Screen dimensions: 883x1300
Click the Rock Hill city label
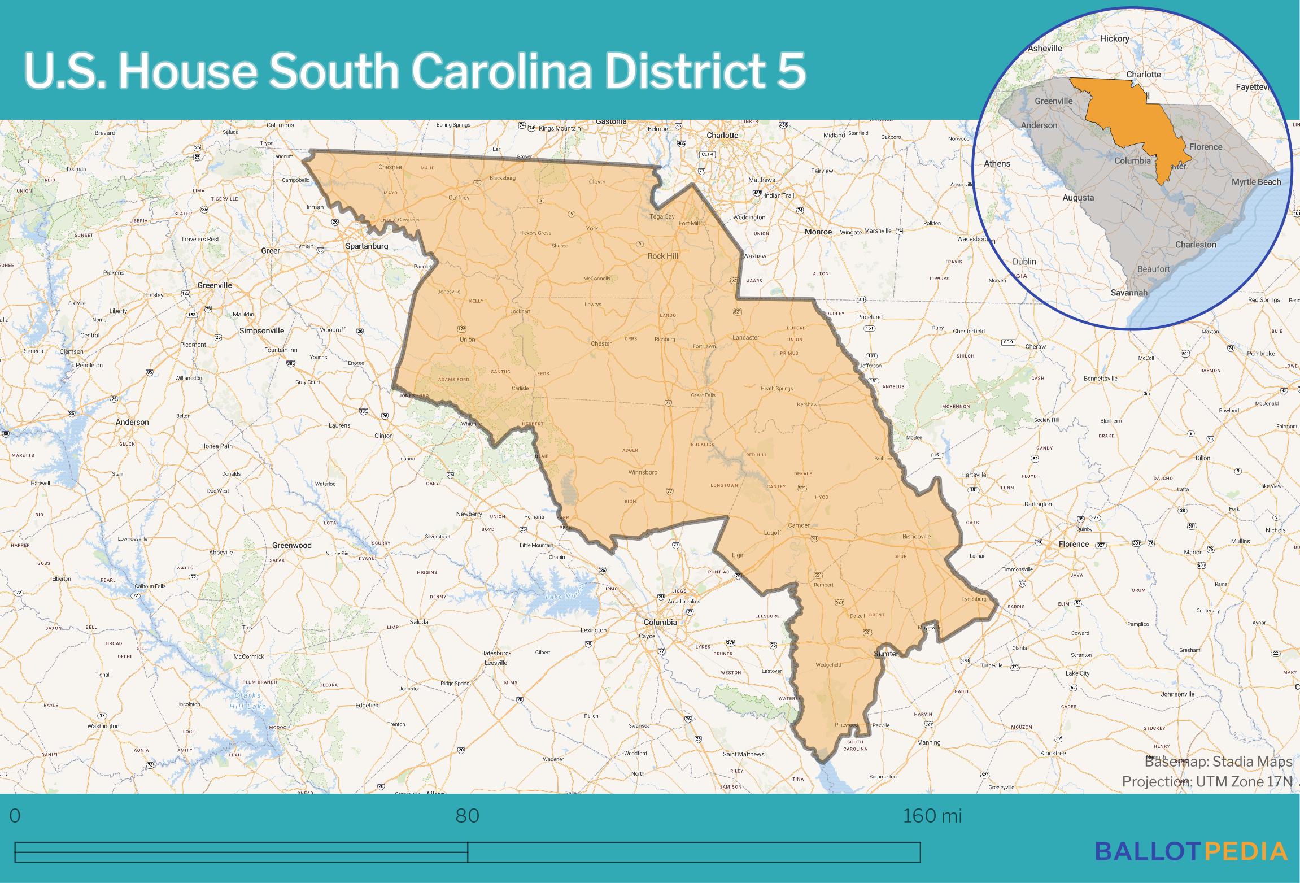coord(662,256)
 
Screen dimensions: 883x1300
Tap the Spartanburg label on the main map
coord(367,246)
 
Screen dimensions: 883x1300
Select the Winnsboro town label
coord(643,472)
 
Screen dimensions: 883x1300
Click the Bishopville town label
coord(917,536)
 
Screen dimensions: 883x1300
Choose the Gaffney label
coord(459,198)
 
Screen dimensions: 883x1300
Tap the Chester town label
coord(601,343)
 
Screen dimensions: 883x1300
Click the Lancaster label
coord(745,337)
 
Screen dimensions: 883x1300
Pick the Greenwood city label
coord(292,545)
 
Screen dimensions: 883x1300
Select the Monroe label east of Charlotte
coord(818,232)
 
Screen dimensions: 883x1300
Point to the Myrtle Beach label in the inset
coord(1256,182)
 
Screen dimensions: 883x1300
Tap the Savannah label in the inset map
coord(1129,293)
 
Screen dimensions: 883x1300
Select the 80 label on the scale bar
coord(467,816)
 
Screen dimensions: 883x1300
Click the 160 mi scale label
coord(932,816)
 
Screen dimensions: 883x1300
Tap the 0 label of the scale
coord(15,816)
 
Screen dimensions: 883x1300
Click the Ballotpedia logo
coord(1191,851)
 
